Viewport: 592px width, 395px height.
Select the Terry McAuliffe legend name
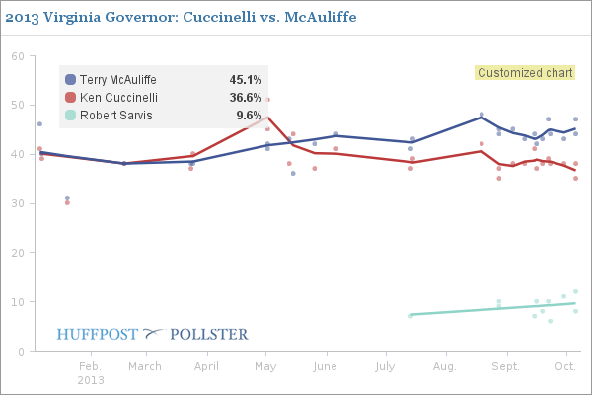coord(117,80)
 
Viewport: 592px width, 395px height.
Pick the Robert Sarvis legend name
coord(111,116)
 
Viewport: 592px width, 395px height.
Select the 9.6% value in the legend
coord(248,116)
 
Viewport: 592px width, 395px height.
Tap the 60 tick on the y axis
coord(18,56)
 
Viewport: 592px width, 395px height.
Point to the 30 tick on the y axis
coord(18,204)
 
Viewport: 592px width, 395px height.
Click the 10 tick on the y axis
coord(18,302)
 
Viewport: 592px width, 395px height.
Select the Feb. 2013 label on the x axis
coord(90,372)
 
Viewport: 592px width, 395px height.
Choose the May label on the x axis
coord(265,366)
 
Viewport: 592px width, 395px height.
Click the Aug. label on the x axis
coord(445,366)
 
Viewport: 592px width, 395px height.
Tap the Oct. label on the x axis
coord(564,366)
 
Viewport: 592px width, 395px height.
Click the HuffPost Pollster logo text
coord(152,334)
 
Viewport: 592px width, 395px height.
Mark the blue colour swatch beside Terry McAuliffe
coord(70,80)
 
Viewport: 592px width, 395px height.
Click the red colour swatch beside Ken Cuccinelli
coord(70,98)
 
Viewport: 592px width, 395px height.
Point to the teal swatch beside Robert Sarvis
coord(70,116)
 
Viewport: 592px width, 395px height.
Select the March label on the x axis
coord(145,366)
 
